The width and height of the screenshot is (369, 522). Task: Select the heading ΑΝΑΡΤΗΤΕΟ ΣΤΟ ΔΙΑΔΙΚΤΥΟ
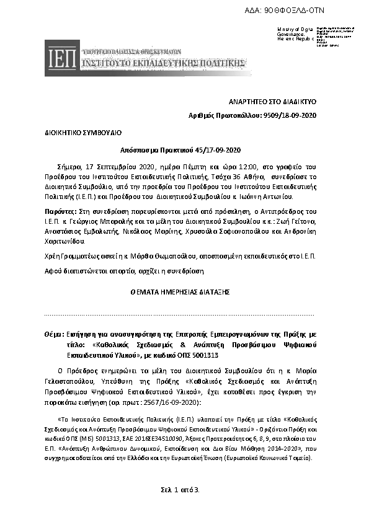273,102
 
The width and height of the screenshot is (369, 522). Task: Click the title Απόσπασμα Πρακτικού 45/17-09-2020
184,150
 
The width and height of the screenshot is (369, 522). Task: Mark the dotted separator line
184,314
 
